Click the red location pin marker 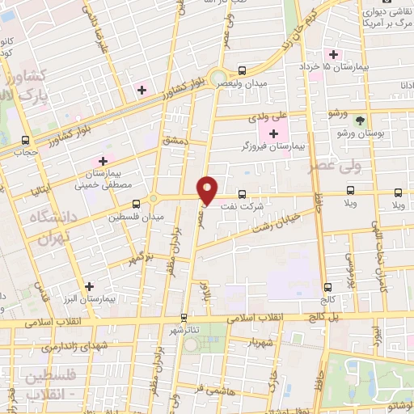tap(208, 190)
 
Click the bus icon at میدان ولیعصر tap(243, 70)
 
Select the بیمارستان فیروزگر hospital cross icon tap(273, 133)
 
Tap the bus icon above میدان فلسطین tap(135, 203)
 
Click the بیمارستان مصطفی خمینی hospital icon tap(103, 161)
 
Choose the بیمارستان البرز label tap(88, 298)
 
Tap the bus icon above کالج tap(327, 287)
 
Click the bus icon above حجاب tap(26, 139)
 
